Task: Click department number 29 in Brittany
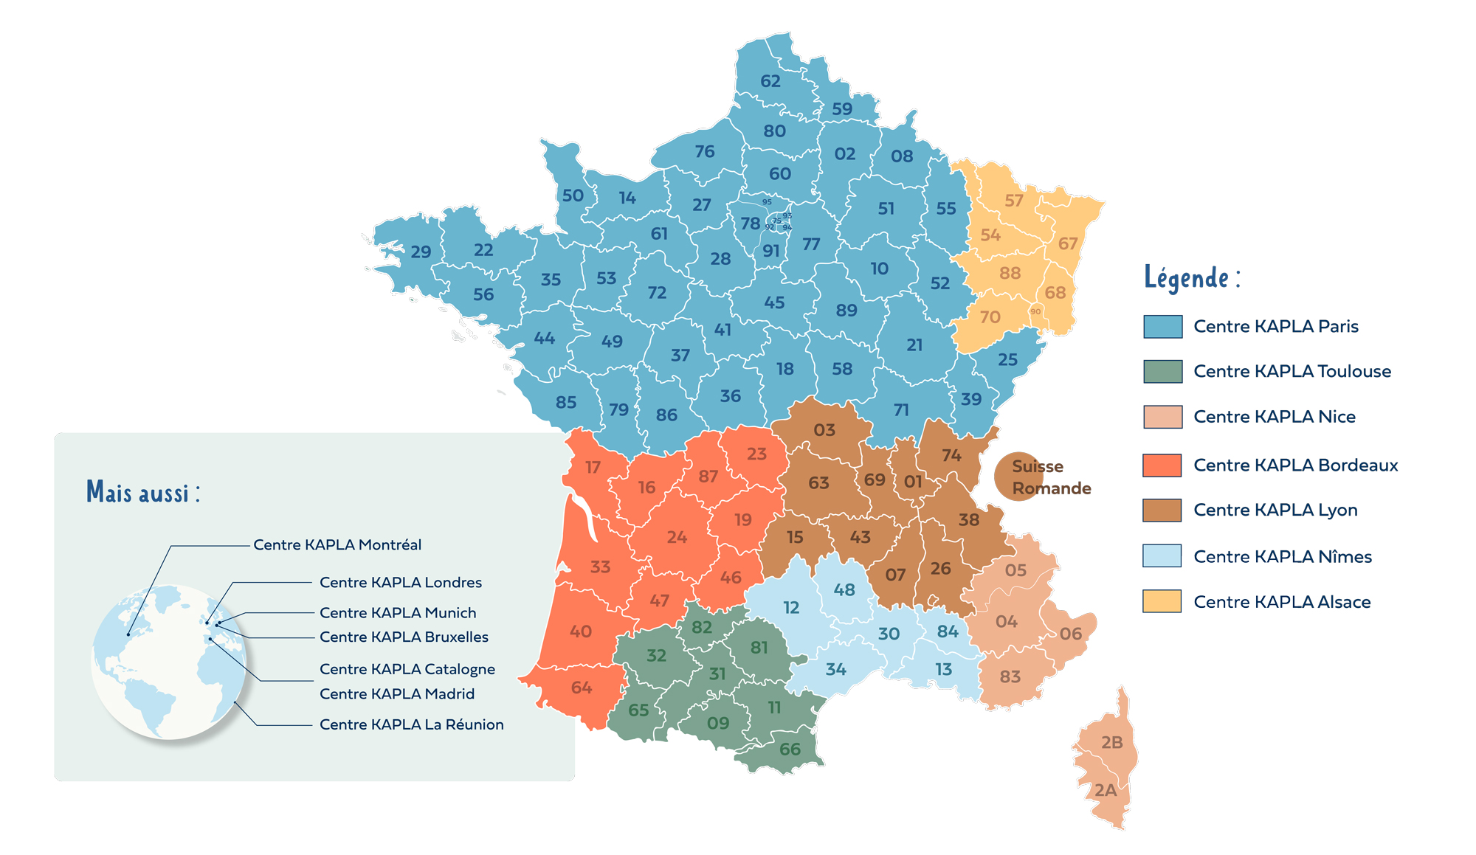421,252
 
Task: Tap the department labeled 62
770,81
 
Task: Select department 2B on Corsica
1111,742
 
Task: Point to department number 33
600,567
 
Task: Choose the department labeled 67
1068,243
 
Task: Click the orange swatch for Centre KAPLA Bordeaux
1162,465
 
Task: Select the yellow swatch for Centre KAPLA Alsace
1162,601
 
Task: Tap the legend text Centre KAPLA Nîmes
1283,557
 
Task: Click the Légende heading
1192,277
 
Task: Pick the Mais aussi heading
143,492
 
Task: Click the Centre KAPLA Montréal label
337,545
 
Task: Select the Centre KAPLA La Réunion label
411,724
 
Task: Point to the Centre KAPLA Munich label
398,613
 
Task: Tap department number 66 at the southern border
790,750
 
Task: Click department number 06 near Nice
1070,634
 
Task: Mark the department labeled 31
717,674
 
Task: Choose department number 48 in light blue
844,590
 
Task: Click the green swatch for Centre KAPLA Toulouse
1162,371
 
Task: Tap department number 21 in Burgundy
914,345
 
